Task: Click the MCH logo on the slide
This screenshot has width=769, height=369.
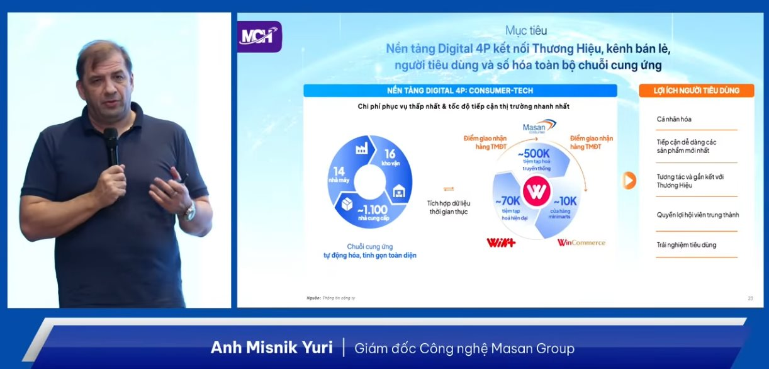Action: pos(259,37)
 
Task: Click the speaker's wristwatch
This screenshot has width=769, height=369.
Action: pos(189,212)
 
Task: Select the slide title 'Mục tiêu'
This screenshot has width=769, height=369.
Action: pos(526,30)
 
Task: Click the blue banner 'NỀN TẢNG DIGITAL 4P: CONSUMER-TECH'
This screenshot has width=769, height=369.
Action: pos(460,91)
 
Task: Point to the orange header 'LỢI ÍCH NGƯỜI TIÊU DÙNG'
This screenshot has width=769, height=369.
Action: pos(688,91)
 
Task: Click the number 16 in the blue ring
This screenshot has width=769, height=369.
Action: pos(390,154)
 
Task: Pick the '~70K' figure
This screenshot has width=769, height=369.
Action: pos(508,202)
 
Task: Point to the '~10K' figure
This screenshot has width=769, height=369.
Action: pos(564,202)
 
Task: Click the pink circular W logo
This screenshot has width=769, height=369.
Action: pos(536,192)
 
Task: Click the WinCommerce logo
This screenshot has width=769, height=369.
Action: pos(581,242)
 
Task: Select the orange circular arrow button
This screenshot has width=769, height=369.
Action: pos(629,181)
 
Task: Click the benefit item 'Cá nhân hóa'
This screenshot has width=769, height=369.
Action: pos(674,119)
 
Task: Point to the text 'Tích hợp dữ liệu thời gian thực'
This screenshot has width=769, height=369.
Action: pos(448,207)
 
